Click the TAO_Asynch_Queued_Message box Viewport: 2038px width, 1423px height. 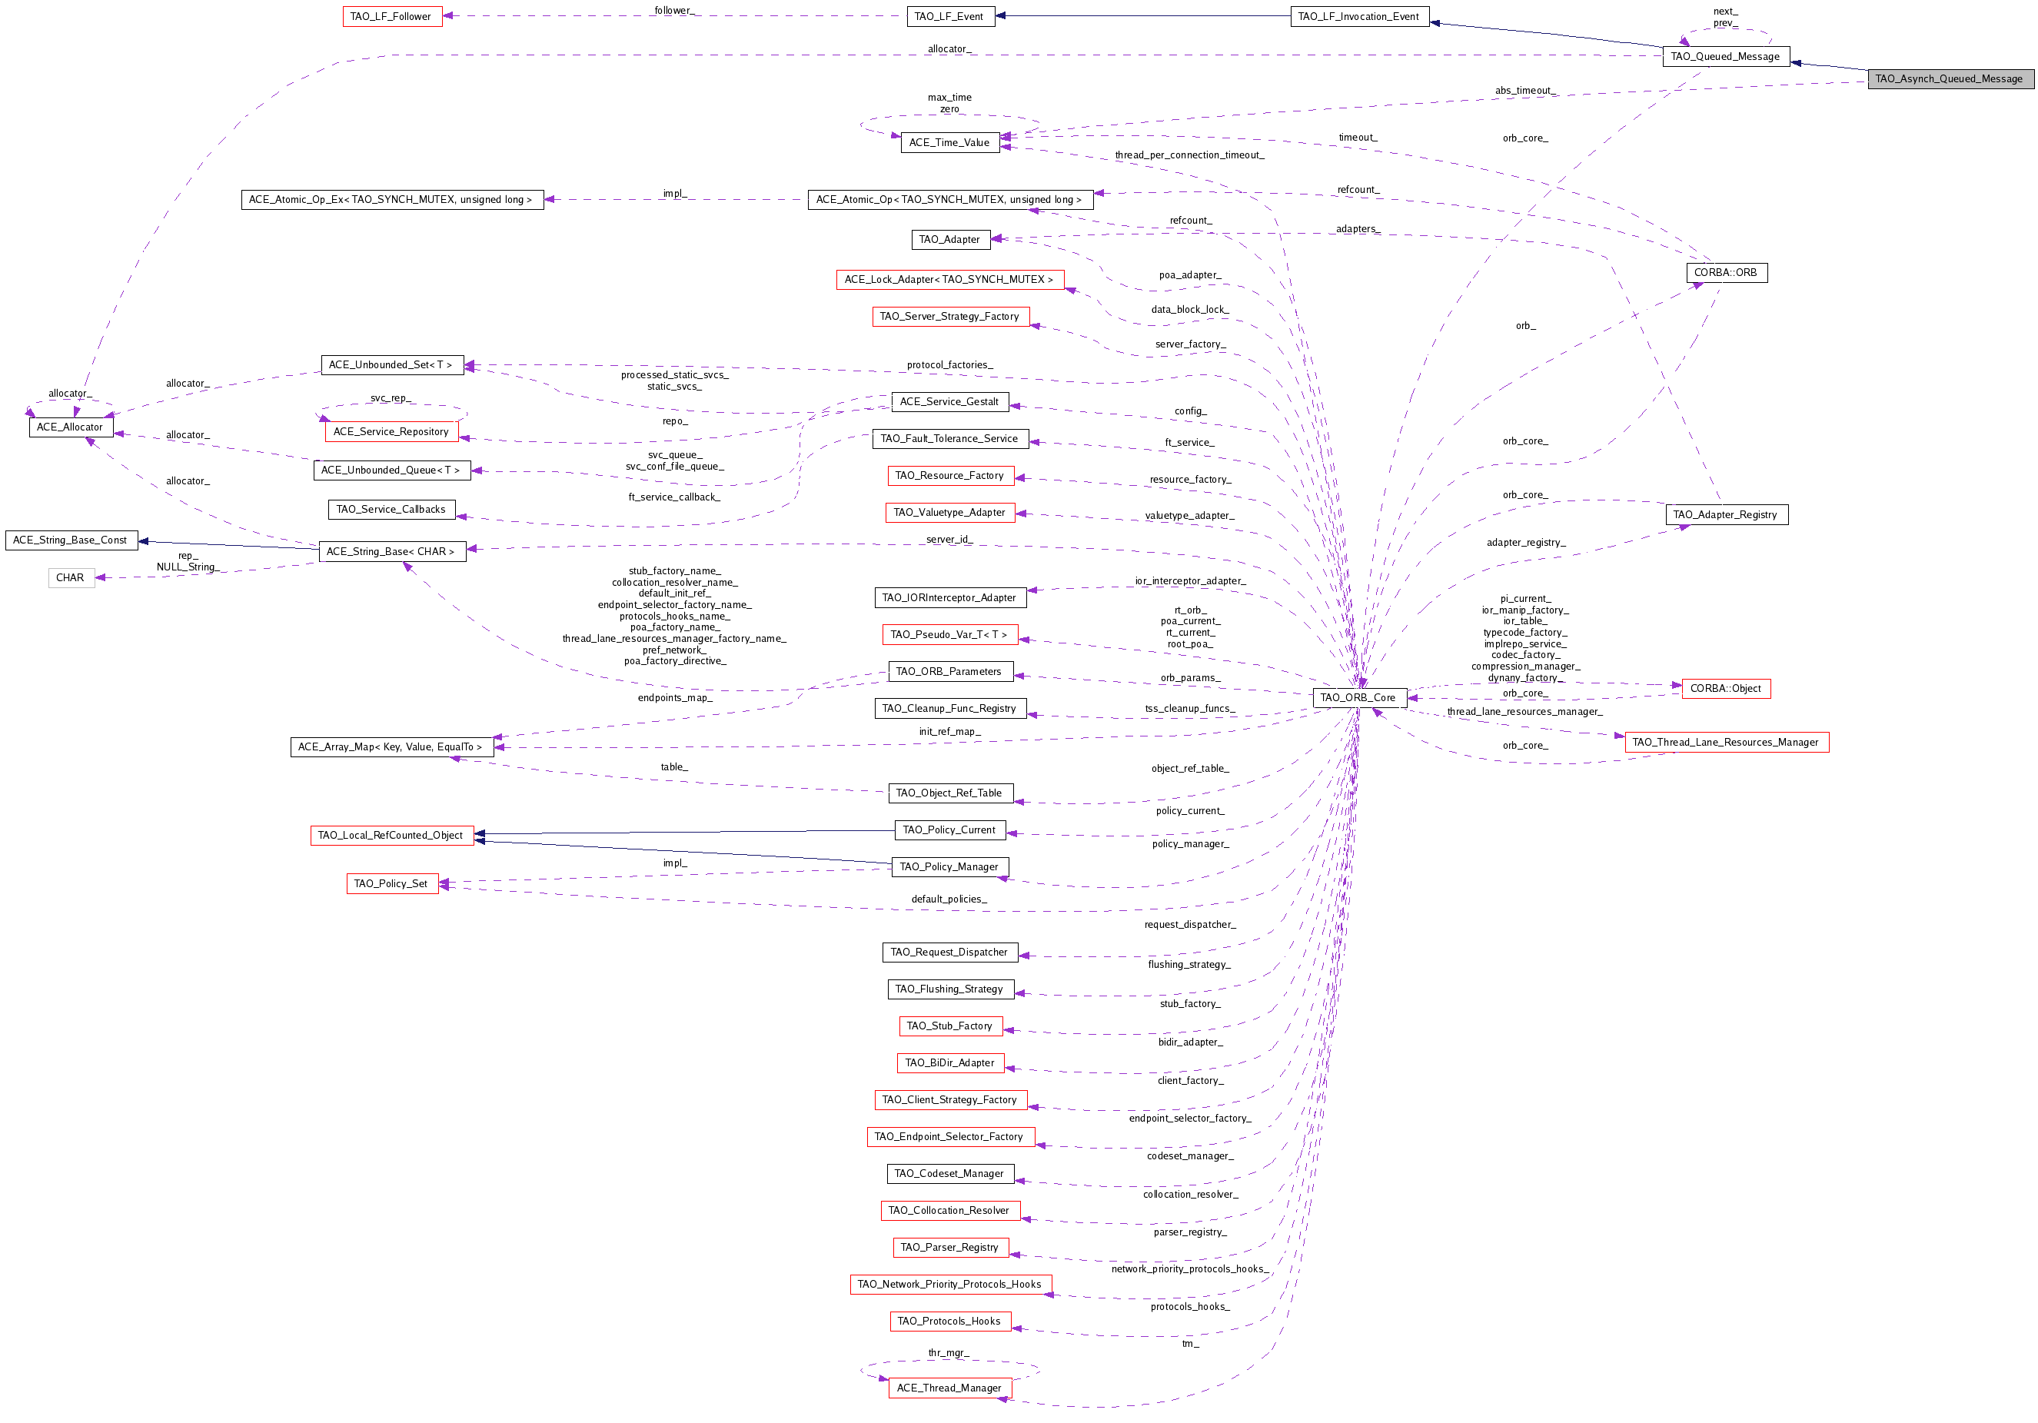1950,79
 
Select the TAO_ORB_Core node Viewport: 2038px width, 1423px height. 1359,698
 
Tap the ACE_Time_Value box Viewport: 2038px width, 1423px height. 949,142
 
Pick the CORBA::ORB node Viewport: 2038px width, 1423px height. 1726,272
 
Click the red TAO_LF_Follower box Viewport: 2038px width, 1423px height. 391,16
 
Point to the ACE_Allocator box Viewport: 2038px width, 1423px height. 71,427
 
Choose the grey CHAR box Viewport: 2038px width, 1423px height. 71,578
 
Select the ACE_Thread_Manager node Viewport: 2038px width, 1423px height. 949,1388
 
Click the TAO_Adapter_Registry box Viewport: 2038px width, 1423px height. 1727,515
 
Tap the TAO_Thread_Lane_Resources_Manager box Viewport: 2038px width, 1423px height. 1727,742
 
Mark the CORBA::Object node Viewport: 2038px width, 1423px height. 1726,689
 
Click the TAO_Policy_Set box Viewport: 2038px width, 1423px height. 391,883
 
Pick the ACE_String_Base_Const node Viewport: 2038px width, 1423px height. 71,540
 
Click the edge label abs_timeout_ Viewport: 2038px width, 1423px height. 1525,91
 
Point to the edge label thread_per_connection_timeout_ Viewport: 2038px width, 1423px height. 1189,155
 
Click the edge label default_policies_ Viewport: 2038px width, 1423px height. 949,899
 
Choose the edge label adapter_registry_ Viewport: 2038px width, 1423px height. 1526,543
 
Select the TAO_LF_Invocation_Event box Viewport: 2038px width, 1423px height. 1359,16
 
